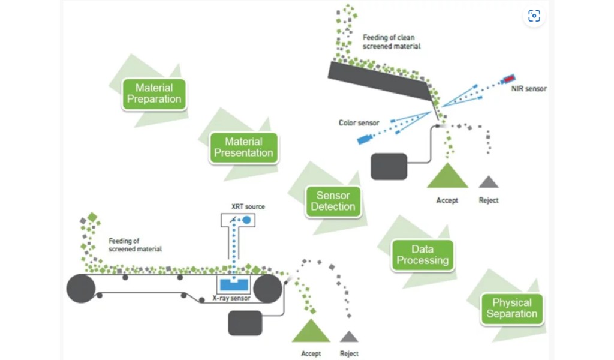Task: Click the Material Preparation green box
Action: point(154,94)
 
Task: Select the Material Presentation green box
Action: point(243,148)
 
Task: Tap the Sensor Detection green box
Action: point(333,201)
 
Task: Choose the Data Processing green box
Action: point(422,255)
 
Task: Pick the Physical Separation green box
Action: point(511,308)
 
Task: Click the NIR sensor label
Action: point(528,89)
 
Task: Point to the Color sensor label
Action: point(359,123)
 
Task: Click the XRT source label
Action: point(248,206)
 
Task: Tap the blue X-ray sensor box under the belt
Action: point(234,283)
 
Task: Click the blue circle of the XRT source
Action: point(246,221)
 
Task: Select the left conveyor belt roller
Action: point(81,289)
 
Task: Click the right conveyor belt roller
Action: point(267,289)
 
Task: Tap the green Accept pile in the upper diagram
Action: point(447,176)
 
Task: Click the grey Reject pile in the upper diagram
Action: point(489,182)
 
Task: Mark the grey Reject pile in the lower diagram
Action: point(349,337)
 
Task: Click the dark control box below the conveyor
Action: point(245,323)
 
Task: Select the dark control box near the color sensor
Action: point(389,166)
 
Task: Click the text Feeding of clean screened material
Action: point(391,41)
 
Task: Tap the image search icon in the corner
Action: point(534,16)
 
